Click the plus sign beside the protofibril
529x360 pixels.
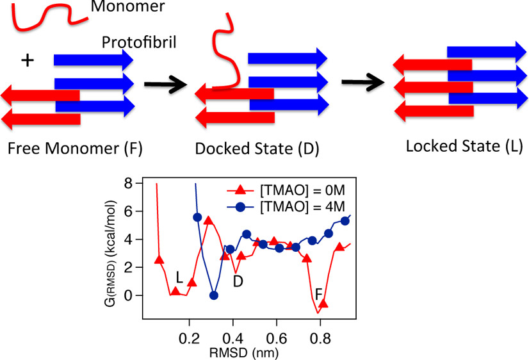click(x=26, y=61)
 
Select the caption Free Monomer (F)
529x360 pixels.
click(x=76, y=149)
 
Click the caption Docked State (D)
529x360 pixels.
click(x=257, y=149)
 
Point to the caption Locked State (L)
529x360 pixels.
click(x=464, y=147)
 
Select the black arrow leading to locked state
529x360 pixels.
click(x=363, y=82)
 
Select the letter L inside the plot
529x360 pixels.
click(x=180, y=277)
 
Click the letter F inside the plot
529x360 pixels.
click(x=318, y=294)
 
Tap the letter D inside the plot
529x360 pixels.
click(x=238, y=281)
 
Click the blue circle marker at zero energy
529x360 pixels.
click(x=214, y=295)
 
